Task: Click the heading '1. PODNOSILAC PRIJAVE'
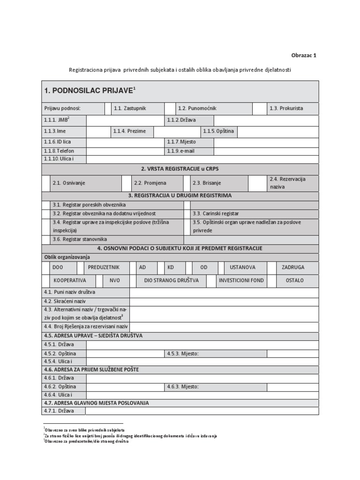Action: tap(90, 90)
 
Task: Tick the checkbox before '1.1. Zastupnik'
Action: tap(108, 108)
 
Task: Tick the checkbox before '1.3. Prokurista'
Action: tap(259, 108)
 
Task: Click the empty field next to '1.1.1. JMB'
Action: tap(125, 120)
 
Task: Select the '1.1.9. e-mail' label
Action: tap(180, 151)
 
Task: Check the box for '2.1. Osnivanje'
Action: tap(45, 183)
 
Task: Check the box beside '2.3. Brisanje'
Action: tap(187, 183)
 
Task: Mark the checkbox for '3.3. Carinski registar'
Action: tap(187, 213)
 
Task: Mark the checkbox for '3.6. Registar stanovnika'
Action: tap(45, 239)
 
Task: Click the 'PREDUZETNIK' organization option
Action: tap(104, 267)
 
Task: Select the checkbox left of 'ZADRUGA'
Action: tap(272, 267)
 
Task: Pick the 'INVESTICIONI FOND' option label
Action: tap(241, 280)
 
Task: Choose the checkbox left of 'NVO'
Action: tap(99, 280)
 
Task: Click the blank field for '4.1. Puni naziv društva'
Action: tap(224, 292)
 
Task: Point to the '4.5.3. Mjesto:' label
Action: tap(184, 353)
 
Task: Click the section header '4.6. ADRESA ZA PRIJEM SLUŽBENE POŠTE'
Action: tap(91, 369)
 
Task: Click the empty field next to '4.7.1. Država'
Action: tap(202, 411)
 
